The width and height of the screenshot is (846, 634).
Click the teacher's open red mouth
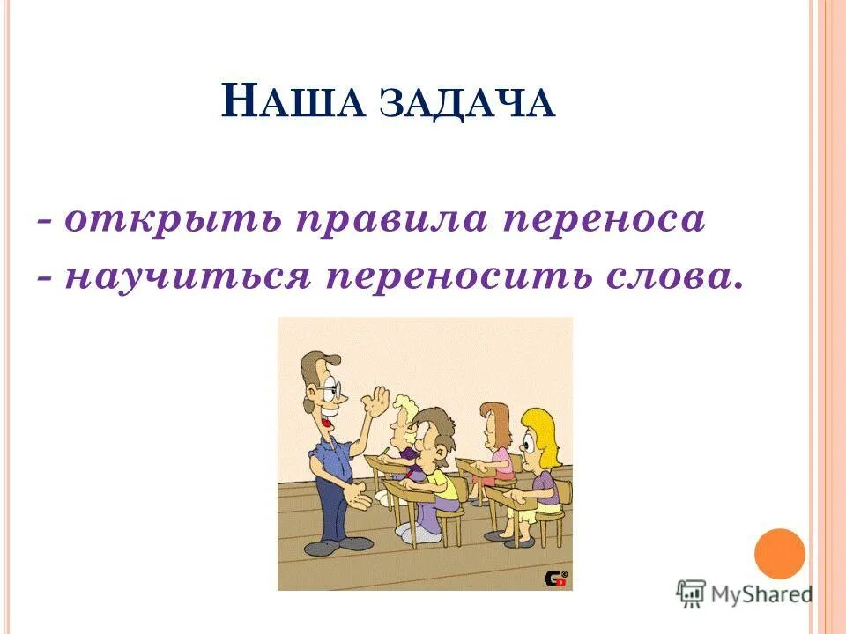click(326, 422)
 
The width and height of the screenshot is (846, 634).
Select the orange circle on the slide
click(780, 554)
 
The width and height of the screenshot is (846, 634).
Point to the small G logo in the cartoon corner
click(556, 578)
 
